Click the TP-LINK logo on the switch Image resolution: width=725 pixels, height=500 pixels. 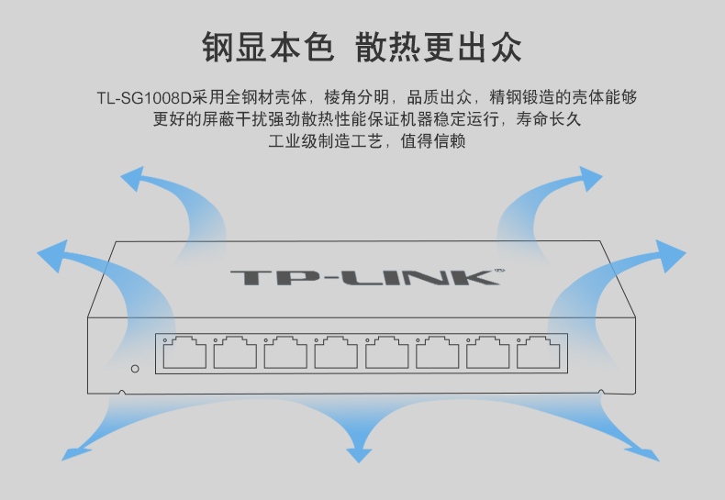pos(363,276)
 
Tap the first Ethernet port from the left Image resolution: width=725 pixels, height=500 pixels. pos(184,351)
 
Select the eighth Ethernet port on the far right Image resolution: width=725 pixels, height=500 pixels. pos(539,351)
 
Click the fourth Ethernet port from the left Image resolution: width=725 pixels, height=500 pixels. pos(336,351)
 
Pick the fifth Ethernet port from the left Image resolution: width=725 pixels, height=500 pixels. pos(386,351)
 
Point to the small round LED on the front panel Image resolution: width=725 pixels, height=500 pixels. pos(135,369)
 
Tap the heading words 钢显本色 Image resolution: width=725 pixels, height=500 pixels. pos(268,46)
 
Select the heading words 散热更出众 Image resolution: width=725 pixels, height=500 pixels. pos(439,46)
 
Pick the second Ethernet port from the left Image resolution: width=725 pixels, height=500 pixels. pos(235,351)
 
